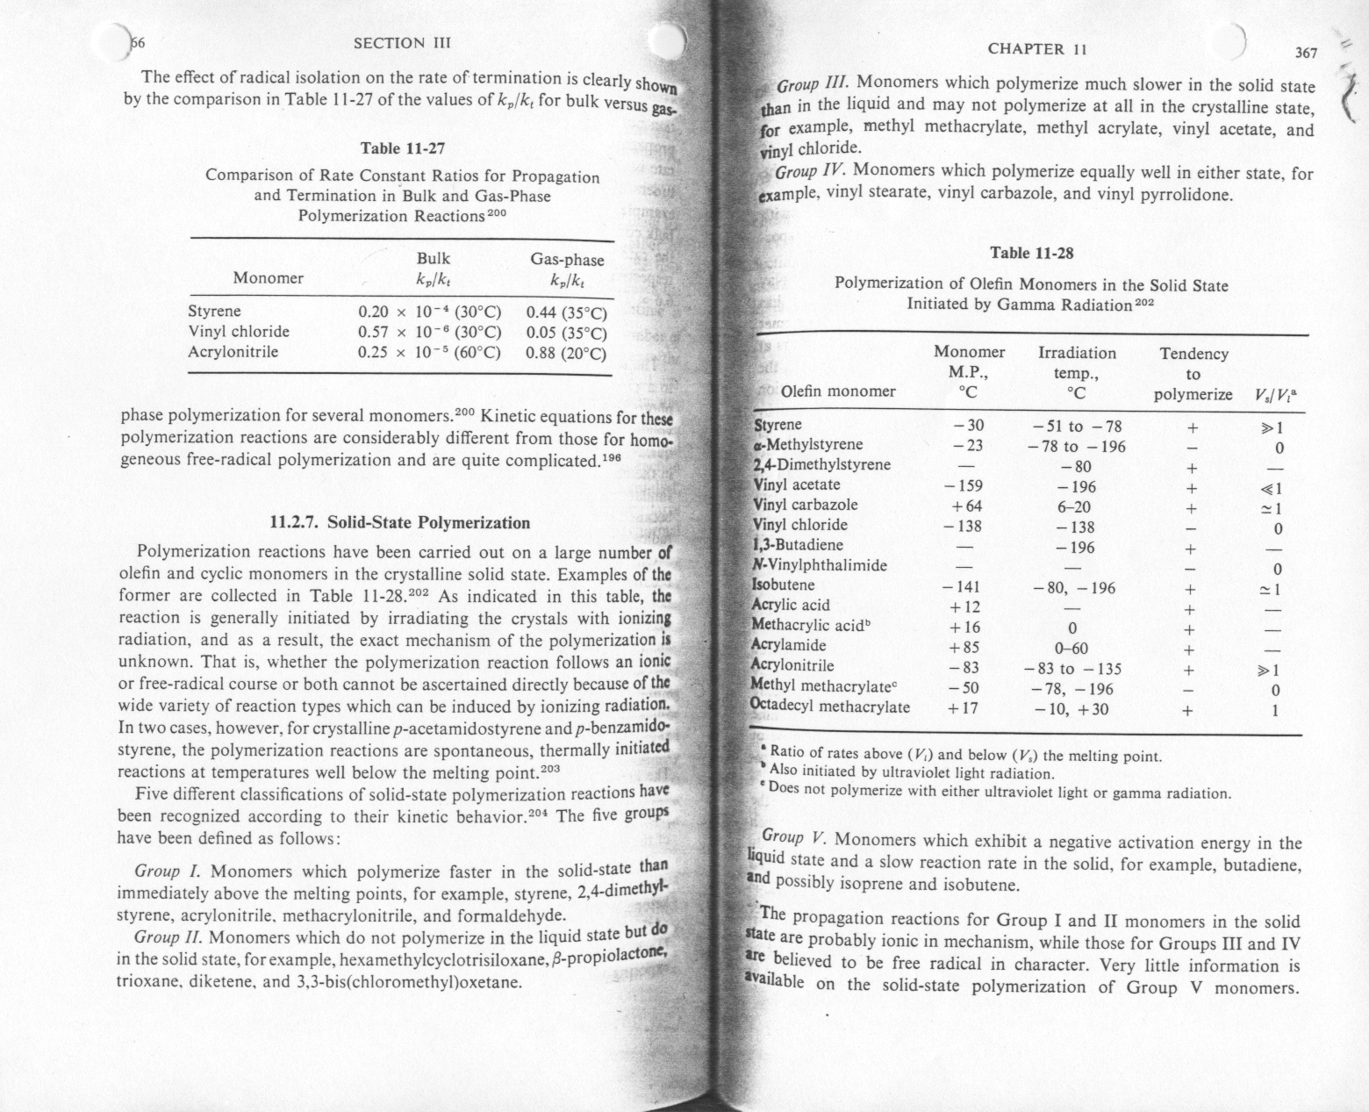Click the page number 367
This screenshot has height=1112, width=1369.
(1307, 53)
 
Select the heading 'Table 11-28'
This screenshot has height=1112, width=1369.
(1031, 253)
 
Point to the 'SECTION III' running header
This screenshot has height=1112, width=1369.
(401, 42)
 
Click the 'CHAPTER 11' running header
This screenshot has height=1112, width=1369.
(1037, 49)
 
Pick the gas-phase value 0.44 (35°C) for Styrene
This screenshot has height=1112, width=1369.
(566, 312)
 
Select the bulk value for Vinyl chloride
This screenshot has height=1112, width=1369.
(429, 333)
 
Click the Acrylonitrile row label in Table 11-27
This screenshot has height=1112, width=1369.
(233, 352)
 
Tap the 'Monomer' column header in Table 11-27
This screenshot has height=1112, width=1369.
(268, 278)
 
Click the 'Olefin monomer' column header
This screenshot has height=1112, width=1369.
(838, 391)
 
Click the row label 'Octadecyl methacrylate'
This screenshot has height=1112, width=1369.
(830, 707)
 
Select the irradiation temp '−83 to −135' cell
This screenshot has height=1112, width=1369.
(1072, 668)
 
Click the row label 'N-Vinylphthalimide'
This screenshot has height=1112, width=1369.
(820, 565)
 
